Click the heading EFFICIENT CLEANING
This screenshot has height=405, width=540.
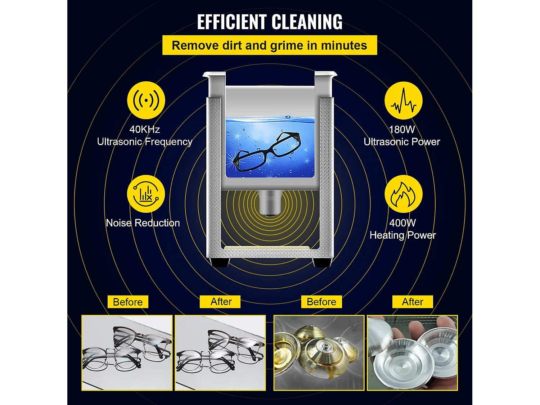(270, 22)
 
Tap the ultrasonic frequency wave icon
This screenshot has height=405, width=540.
(146, 100)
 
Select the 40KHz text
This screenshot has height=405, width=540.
(144, 129)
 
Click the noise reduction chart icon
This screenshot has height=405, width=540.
(146, 194)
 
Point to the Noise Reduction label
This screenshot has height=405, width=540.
(143, 223)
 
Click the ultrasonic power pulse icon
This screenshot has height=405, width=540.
(403, 100)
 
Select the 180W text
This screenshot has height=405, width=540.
(402, 129)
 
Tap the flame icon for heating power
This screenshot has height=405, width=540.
(403, 194)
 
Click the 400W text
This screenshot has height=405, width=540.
(402, 223)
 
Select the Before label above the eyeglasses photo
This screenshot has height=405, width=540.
(128, 302)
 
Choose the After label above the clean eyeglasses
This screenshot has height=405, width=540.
(221, 302)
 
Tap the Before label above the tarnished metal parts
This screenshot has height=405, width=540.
(321, 302)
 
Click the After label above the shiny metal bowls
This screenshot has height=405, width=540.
(413, 302)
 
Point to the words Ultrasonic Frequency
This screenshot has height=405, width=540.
(144, 142)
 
